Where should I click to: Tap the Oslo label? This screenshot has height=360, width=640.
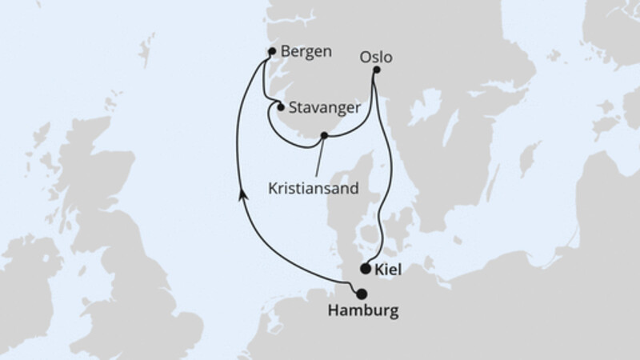(377, 57)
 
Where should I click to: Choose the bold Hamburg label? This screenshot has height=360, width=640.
(365, 310)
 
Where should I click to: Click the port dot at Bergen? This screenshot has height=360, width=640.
(272, 52)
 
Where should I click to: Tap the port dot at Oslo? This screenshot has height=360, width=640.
(377, 70)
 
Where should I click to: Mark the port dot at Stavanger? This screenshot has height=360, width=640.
(281, 106)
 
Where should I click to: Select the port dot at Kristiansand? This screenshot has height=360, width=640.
(324, 136)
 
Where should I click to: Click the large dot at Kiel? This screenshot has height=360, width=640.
(366, 269)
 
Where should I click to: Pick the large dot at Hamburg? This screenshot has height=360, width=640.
(362, 294)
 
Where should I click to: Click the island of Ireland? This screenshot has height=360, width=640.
(24, 280)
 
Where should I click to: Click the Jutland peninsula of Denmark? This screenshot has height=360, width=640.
(352, 208)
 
